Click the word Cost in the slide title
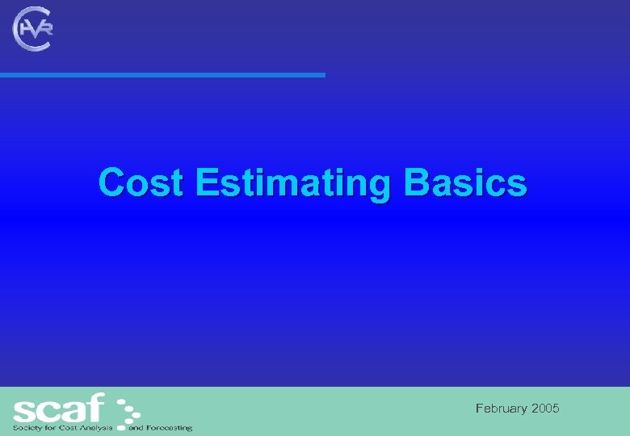(141, 182)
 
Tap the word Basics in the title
(466, 182)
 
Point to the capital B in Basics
(417, 182)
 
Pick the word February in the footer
(502, 409)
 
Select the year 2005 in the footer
(545, 409)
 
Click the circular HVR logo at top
(33, 29)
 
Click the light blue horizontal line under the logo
(162, 75)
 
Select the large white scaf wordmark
(59, 408)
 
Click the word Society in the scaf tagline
(27, 428)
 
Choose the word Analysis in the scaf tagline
(94, 428)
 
